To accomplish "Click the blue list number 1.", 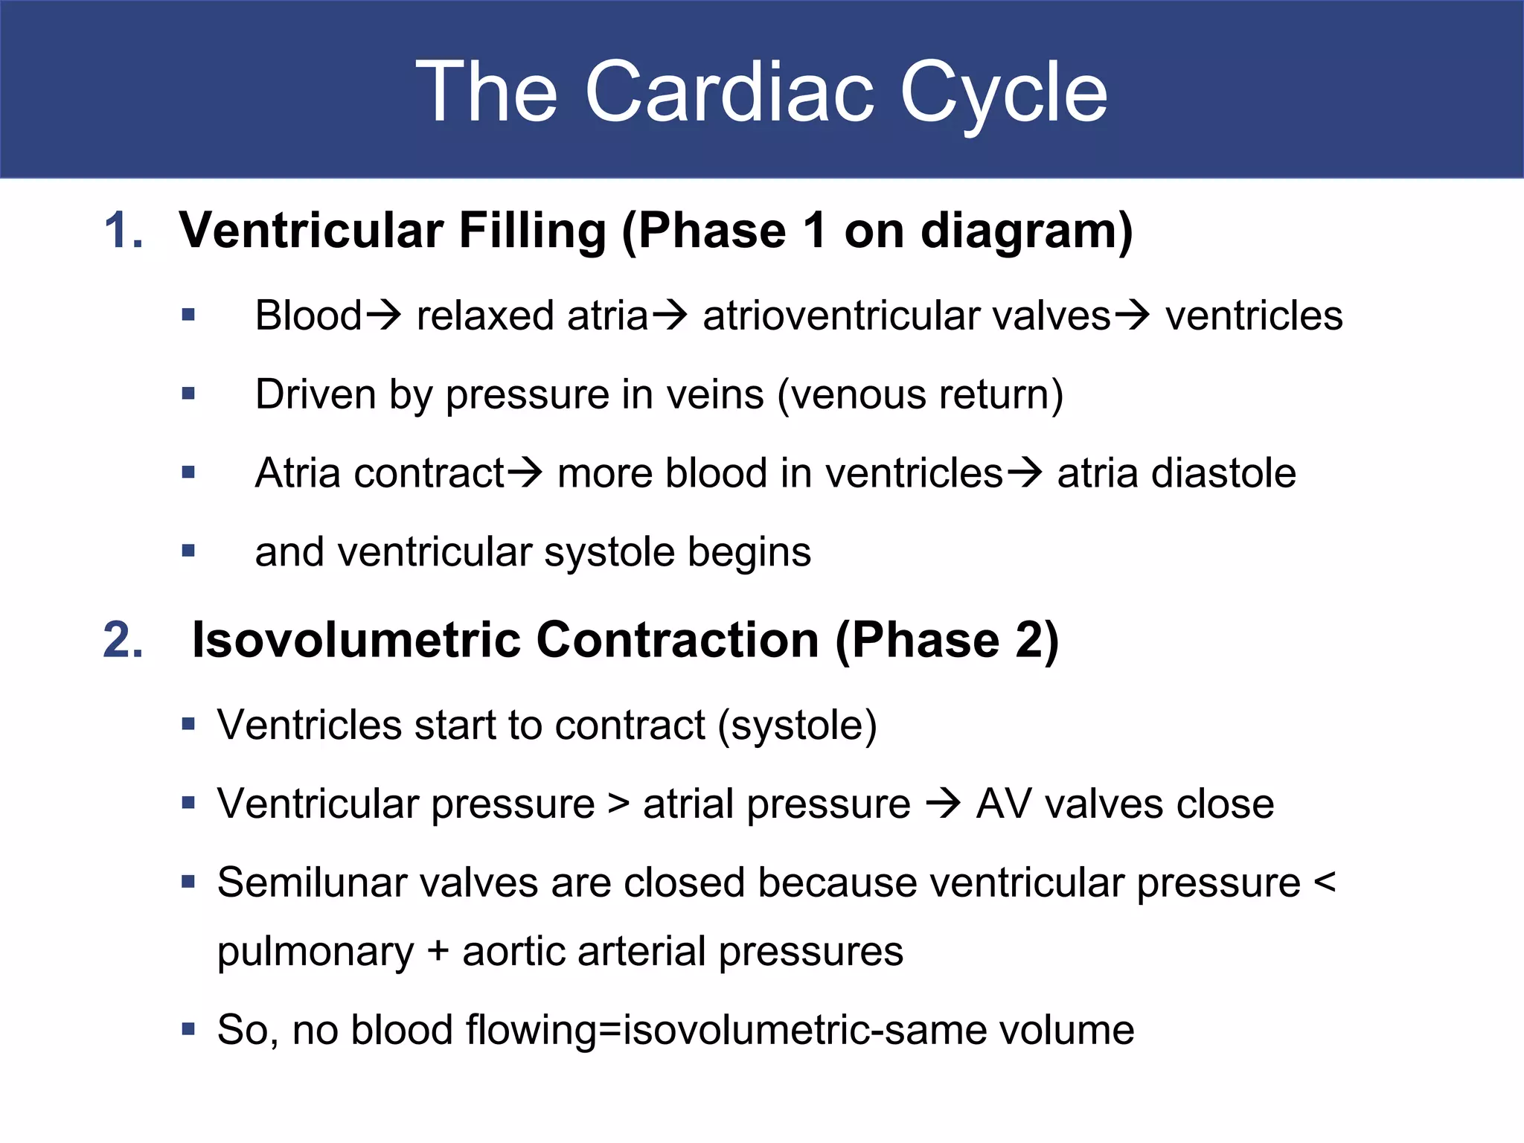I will coord(123,230).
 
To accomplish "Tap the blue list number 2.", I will coord(123,639).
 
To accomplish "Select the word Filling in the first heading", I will coord(532,230).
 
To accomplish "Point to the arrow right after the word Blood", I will coord(384,316).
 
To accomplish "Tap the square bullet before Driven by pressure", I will coord(188,393).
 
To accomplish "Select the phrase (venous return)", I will coord(921,394).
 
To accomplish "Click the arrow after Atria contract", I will coord(525,473).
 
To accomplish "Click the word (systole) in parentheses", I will coord(797,726).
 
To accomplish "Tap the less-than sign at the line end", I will coord(1325,883).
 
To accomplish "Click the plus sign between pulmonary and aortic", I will coord(438,952).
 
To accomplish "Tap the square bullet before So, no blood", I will coord(188,1030).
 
